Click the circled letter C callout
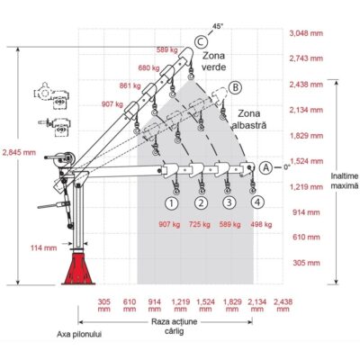tap(201, 41)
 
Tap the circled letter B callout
tap(235, 87)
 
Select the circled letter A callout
tap(266, 168)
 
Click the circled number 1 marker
tap(171, 203)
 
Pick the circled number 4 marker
tap(257, 202)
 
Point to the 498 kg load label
tap(261, 224)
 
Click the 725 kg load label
tap(200, 224)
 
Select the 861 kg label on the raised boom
tap(130, 86)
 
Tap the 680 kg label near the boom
tap(148, 68)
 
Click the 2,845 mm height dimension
tap(19, 152)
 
